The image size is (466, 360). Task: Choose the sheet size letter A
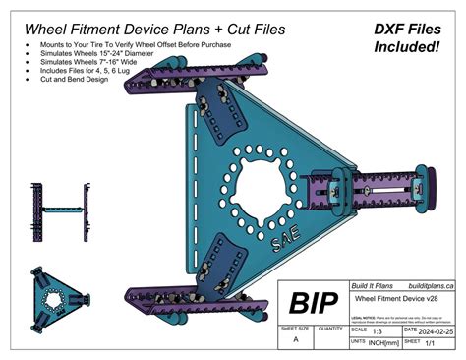point(296,338)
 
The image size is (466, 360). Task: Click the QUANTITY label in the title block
point(330,329)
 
